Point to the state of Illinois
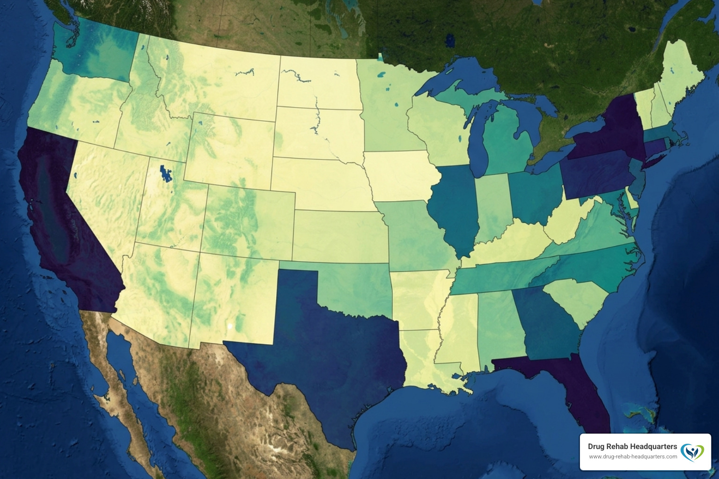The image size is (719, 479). coord(454,206)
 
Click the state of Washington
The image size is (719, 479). coord(94,51)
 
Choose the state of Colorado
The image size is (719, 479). coord(248,220)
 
